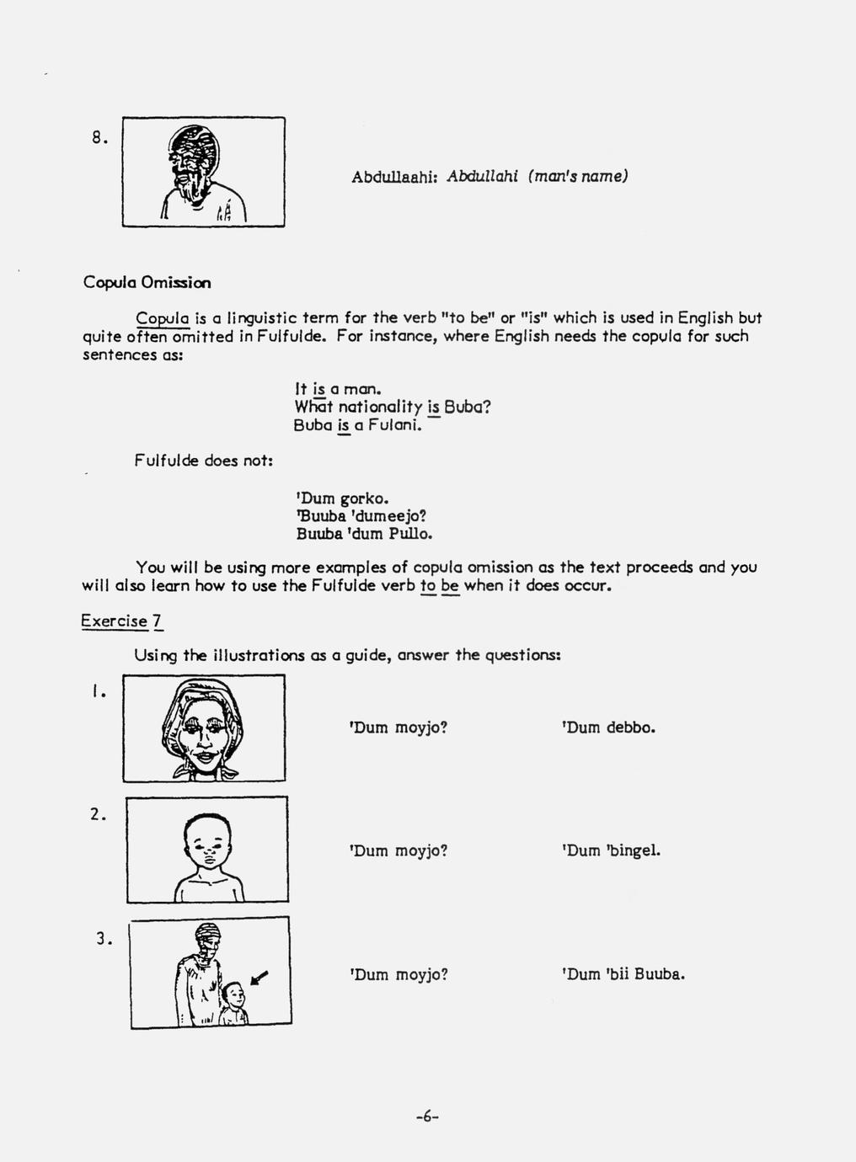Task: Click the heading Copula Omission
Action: (x=147, y=282)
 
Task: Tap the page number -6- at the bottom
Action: (x=428, y=1117)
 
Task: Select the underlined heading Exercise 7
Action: (x=121, y=621)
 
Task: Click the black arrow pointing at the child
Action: (x=260, y=976)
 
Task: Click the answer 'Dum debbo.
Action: (x=607, y=728)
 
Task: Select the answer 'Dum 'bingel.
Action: (x=610, y=850)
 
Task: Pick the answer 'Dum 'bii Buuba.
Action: (x=622, y=975)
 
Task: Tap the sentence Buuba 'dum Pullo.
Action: (x=364, y=534)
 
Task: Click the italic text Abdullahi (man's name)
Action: (x=537, y=177)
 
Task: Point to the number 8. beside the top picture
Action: (x=100, y=138)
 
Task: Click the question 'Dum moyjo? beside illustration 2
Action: (x=398, y=850)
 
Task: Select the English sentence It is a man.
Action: (x=339, y=390)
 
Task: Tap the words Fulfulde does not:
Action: (x=202, y=461)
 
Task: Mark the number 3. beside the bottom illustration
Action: (x=104, y=940)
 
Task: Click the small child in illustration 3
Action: (x=234, y=1004)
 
